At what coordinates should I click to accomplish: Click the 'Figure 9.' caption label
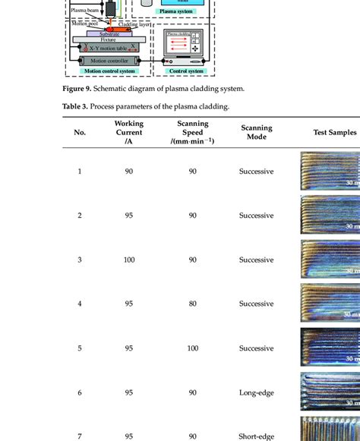78,89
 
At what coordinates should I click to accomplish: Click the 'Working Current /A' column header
128,132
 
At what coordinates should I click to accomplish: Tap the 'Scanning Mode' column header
256,132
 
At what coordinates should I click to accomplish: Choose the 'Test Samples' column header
334,132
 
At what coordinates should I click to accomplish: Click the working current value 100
128,260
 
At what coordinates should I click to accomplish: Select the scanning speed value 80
192,304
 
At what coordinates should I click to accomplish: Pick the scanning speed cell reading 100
192,348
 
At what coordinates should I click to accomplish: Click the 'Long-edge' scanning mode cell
256,392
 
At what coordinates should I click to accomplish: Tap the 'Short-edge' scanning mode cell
256,436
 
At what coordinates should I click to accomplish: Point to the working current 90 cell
128,172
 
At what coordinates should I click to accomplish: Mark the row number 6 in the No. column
80,392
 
